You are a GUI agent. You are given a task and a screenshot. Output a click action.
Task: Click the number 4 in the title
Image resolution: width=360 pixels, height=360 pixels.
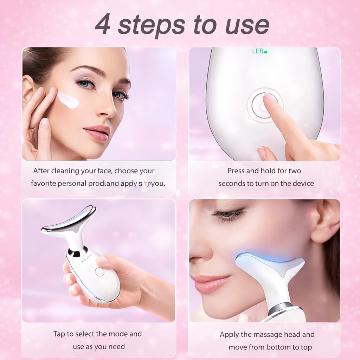[103, 25]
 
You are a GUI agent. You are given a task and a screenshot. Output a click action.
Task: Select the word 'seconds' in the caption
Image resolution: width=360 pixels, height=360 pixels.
[232, 184]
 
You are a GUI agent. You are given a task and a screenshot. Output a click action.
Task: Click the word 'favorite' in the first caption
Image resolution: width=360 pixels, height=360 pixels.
[43, 184]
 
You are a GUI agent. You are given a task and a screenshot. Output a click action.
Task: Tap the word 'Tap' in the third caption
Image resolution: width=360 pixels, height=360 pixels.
[59, 334]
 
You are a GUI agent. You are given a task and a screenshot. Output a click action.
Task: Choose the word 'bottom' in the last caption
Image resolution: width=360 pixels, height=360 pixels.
[278, 347]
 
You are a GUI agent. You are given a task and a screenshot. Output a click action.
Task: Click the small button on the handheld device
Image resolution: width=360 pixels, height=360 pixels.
[99, 271]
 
